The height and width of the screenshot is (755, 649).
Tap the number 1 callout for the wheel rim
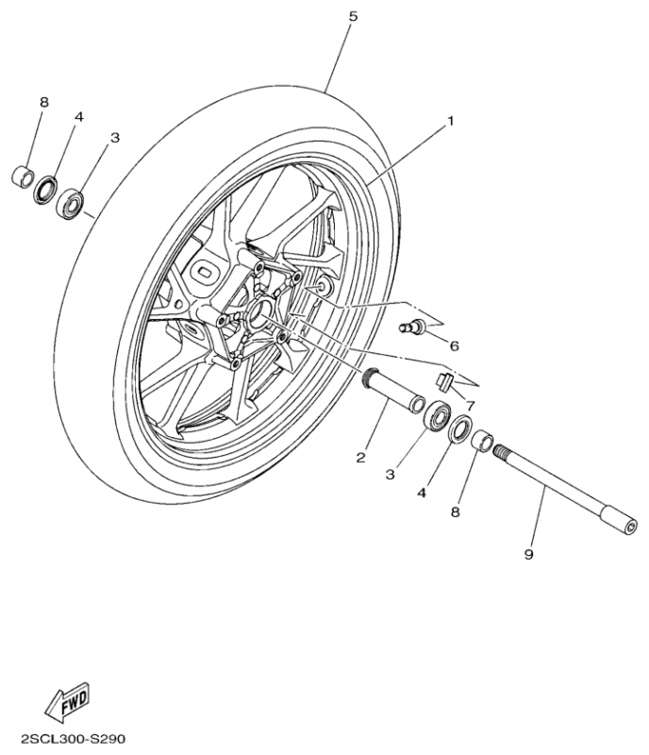pos(451,121)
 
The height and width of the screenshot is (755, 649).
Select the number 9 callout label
pos(528,555)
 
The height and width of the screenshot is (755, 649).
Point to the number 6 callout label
pos(454,346)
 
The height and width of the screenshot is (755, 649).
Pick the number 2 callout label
pos(360,459)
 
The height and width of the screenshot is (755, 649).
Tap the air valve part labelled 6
pos(412,327)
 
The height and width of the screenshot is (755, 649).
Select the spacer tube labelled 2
pos(391,392)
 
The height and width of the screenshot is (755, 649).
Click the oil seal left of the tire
pos(45,189)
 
